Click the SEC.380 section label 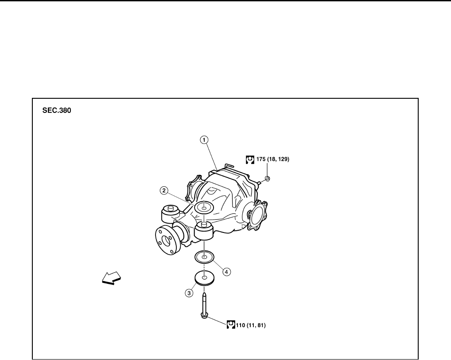(x=56, y=111)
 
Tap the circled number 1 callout (x=204, y=140)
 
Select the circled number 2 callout (x=164, y=191)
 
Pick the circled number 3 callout (x=189, y=293)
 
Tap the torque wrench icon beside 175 (x=250, y=159)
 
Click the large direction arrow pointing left (x=111, y=279)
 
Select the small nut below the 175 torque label (x=268, y=179)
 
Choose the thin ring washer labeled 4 (x=204, y=257)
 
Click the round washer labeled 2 (x=204, y=207)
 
